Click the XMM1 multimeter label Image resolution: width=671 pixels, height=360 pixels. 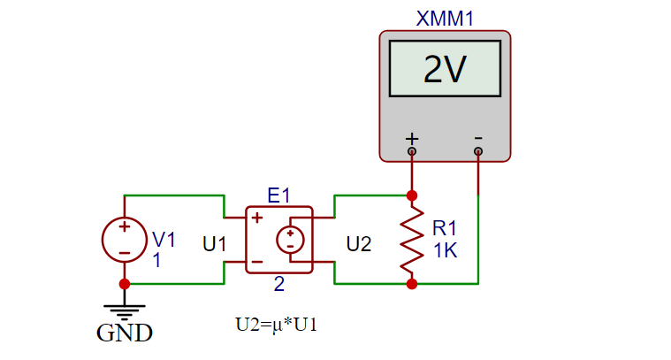click(445, 19)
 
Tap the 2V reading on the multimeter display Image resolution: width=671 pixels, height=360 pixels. click(445, 69)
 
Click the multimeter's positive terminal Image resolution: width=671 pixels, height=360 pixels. click(411, 150)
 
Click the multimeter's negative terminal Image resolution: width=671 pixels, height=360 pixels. click(478, 150)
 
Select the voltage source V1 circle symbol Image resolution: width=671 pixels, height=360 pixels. click(125, 240)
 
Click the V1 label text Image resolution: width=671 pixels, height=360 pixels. click(164, 239)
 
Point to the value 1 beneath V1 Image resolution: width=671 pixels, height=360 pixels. click(156, 260)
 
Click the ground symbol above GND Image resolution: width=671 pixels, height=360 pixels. click(125, 310)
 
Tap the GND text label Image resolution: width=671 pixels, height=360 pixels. click(125, 333)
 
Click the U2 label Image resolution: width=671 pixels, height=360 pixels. click(359, 243)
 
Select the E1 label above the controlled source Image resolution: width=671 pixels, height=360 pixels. click(278, 195)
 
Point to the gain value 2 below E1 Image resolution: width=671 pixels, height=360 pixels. click(279, 285)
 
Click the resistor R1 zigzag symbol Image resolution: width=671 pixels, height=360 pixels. click(411, 240)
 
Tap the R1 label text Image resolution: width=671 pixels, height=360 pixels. click(446, 229)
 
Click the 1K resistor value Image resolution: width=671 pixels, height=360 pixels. click(446, 250)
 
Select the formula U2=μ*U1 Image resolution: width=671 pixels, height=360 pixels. click(276, 324)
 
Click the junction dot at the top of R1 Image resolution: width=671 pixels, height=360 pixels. click(411, 195)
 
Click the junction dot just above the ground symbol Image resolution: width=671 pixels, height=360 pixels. click(125, 284)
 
